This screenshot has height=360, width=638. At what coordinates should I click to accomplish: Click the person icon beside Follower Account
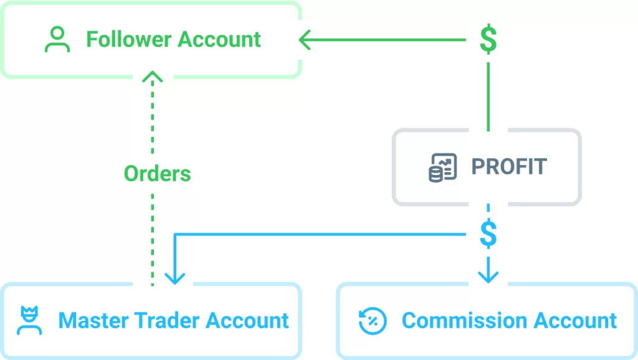coord(57,39)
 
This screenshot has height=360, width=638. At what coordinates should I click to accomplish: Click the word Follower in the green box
coord(129,39)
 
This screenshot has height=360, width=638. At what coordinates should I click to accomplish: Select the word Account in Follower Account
coord(219,39)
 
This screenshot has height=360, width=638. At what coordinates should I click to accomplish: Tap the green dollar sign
coord(488,39)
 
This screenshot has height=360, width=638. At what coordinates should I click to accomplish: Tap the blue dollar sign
coord(488,234)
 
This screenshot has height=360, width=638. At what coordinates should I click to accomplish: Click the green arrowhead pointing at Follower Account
coord(305,40)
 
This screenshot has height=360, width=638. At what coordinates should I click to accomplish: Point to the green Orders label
coord(158,174)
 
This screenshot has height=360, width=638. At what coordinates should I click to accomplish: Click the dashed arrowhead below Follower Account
coord(153,77)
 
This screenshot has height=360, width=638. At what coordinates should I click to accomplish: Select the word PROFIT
coord(509,166)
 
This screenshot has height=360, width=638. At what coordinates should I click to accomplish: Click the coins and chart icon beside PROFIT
coord(443,167)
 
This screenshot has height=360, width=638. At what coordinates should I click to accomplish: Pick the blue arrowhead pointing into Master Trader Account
coord(175,278)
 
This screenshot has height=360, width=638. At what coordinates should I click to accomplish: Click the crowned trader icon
coord(29,320)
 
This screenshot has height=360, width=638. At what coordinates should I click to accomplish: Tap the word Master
coord(93,321)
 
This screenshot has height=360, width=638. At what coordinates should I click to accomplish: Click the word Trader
coord(167,321)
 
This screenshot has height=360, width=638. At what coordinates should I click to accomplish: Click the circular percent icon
coord(373,321)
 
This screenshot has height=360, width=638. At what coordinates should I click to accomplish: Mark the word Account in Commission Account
coord(575,321)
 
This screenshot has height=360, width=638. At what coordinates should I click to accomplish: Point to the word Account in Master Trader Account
coord(247,321)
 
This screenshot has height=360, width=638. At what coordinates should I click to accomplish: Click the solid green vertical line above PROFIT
coord(488,97)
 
